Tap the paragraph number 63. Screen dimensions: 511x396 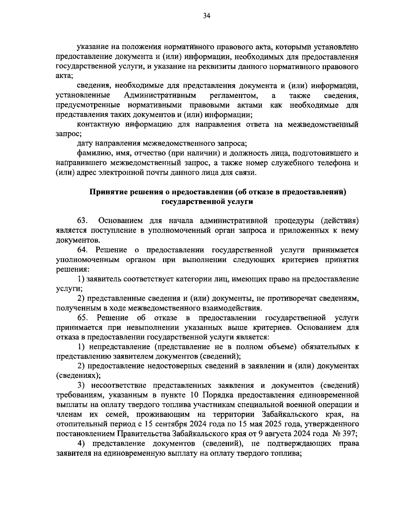pos(82,221)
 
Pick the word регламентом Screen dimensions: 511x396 pos(234,96)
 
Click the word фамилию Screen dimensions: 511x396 pos(92,153)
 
